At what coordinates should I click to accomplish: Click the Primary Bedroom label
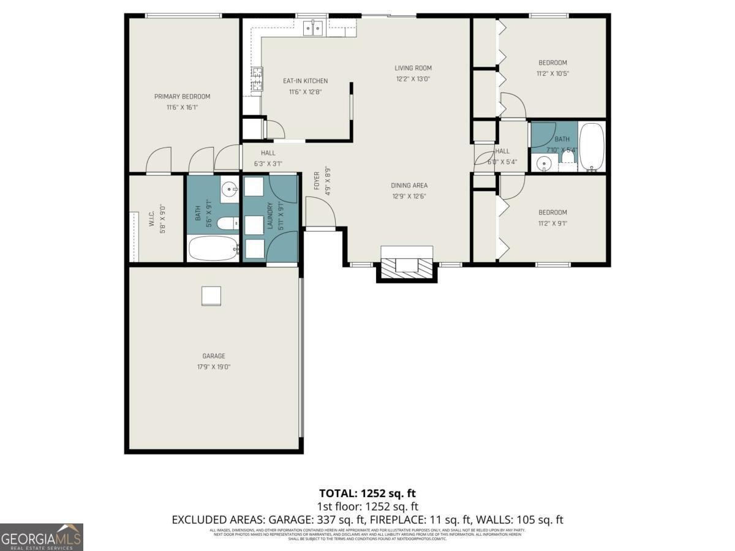[182, 97]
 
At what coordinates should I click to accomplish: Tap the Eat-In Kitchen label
[305, 81]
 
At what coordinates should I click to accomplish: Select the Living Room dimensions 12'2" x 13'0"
[413, 79]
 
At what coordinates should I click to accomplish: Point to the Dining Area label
[409, 186]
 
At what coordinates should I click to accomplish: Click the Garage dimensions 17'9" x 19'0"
[214, 367]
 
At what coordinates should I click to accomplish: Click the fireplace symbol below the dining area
[407, 265]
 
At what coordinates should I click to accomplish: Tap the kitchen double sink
[314, 28]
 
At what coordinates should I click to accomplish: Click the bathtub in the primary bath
[213, 249]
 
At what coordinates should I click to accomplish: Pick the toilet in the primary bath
[228, 223]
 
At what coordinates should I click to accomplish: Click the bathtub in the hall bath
[592, 146]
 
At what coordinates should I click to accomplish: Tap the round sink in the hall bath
[543, 163]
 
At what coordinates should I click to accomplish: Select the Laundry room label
[269, 216]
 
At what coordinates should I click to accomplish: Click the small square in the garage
[211, 296]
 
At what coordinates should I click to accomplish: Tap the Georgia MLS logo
[42, 537]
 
